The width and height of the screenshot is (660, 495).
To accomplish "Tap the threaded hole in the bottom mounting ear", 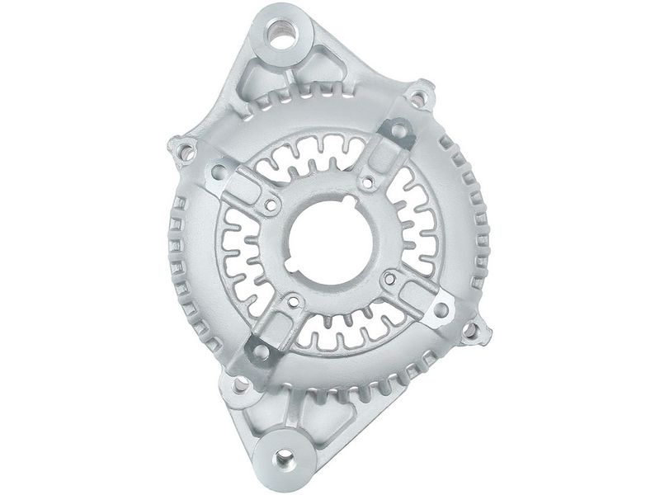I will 282,456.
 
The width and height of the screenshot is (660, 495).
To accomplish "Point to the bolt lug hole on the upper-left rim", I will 186,152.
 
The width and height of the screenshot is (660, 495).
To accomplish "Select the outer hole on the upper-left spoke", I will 219,172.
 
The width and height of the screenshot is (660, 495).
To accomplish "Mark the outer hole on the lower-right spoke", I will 441,310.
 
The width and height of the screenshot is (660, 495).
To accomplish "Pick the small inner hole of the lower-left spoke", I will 293,302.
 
